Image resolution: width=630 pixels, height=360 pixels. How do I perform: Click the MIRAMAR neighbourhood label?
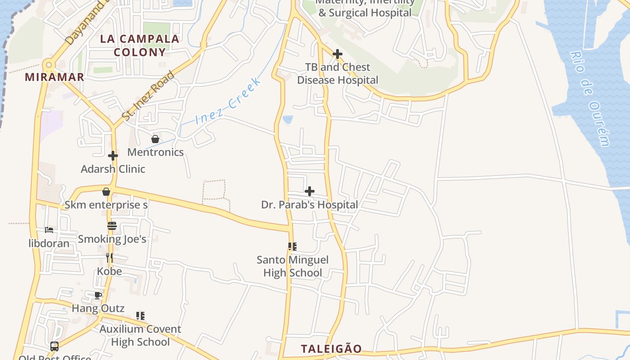[54, 77]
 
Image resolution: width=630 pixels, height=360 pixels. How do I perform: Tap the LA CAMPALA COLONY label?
[139, 45]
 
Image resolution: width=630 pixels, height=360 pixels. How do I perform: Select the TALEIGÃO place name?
[331, 349]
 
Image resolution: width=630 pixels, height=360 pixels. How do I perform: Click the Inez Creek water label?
[228, 102]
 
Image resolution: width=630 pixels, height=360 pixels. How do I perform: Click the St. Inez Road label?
[148, 95]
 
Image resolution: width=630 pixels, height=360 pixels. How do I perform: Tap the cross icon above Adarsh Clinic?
[112, 156]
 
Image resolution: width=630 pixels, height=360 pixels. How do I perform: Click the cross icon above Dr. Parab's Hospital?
[310, 191]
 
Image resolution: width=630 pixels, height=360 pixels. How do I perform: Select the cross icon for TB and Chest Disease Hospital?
[337, 54]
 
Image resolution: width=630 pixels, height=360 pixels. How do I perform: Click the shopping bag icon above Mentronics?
[155, 139]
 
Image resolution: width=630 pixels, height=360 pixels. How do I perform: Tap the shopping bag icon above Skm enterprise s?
[106, 192]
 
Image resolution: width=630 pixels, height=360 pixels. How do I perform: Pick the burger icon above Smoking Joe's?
[112, 225]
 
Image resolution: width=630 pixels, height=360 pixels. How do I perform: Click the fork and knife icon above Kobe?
[109, 257]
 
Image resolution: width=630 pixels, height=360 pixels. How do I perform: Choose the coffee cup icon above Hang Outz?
[98, 295]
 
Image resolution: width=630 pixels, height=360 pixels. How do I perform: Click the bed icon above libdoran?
[49, 230]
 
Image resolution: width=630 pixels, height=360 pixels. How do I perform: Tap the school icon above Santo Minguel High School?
[292, 247]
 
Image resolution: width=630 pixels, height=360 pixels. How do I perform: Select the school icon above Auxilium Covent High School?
[140, 316]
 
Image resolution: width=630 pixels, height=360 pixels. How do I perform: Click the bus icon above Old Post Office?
[54, 346]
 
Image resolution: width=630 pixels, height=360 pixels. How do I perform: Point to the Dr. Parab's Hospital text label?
[310, 205]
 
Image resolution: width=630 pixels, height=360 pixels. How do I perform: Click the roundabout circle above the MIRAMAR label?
[49, 64]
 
